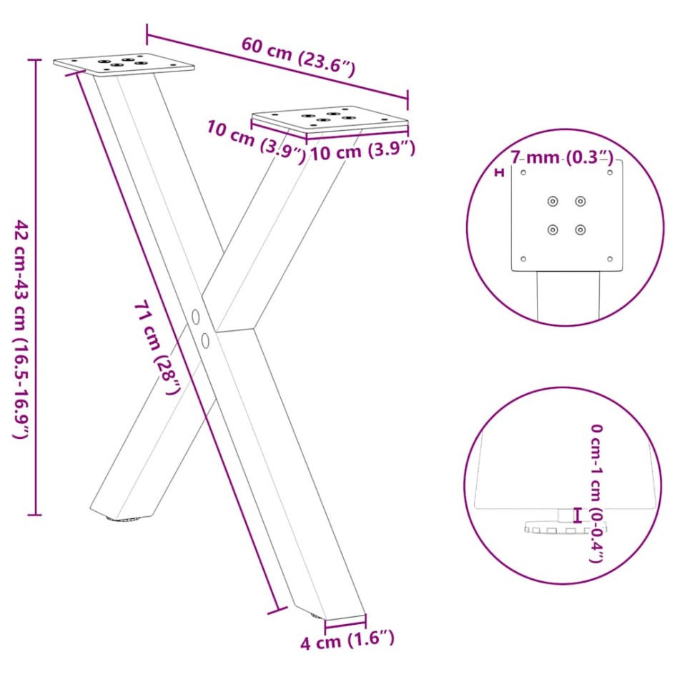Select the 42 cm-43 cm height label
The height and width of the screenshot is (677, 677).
coord(21,329)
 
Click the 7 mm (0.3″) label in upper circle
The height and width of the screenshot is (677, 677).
coord(561,157)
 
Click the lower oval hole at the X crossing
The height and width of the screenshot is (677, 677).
coord(206,340)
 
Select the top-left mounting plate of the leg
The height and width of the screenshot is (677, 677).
coord(124,64)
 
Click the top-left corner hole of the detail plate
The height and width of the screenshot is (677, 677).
coord(523,172)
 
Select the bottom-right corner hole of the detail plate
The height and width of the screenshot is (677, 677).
coord(610,259)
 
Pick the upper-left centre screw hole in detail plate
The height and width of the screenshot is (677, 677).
coord(553,202)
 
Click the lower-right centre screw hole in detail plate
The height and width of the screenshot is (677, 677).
coord(580,230)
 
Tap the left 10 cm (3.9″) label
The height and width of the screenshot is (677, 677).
coord(255,141)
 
